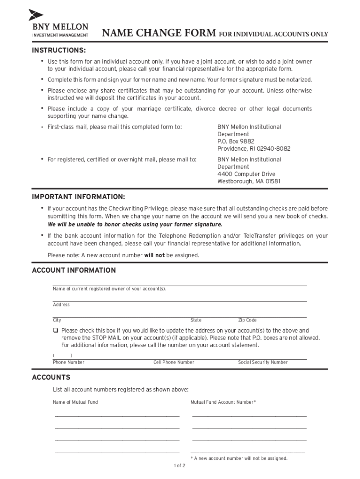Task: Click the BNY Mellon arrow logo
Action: tap(36, 15)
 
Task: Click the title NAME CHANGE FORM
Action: tap(159, 33)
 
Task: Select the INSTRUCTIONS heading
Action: tap(58, 50)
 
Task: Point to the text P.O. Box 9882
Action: tap(236, 141)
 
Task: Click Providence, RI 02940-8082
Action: tap(253, 149)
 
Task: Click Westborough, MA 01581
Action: tap(249, 181)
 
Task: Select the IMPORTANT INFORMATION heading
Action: tap(78, 196)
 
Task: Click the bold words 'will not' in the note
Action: tap(154, 255)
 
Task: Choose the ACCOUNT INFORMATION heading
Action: tap(73, 270)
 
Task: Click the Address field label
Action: tap(61, 305)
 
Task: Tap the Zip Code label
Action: tap(247, 320)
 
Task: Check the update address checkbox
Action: tap(55, 331)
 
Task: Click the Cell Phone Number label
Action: tap(173, 363)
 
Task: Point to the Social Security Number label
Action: tap(263, 363)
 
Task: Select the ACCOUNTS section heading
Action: tap(50, 377)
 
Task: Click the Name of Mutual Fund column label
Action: tap(75, 402)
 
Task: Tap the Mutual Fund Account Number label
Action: tap(223, 402)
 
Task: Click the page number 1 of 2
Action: tap(180, 466)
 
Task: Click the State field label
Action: tap(196, 320)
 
